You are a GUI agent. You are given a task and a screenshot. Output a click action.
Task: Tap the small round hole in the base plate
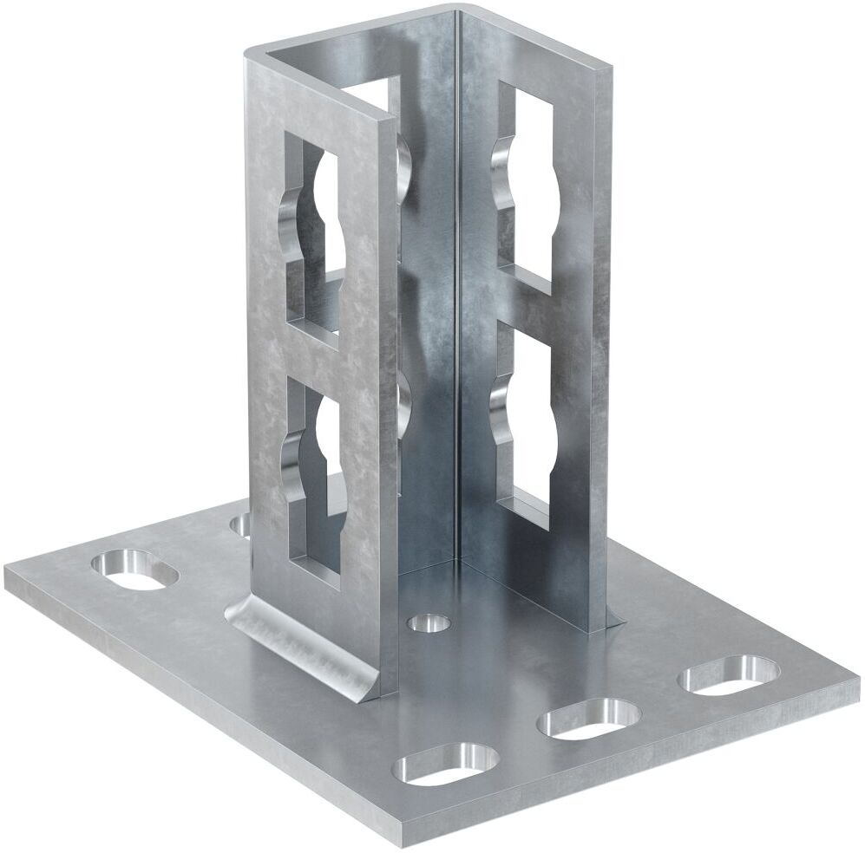point(429,622)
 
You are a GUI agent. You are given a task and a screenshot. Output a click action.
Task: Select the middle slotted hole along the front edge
point(590,719)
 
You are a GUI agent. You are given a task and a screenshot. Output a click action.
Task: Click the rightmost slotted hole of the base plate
point(728,674)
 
